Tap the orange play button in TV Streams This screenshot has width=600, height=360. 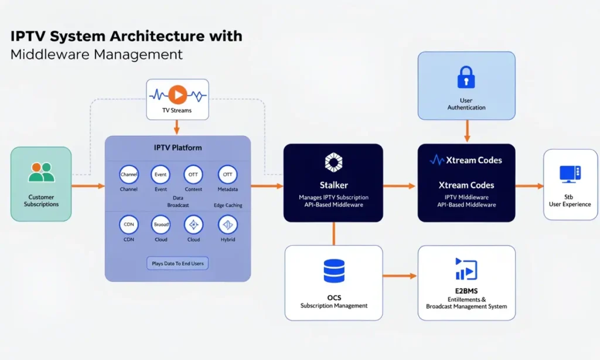178,94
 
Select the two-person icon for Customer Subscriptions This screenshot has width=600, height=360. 41,172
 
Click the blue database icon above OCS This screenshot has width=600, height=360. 334,271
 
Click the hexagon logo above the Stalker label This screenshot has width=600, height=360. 333,162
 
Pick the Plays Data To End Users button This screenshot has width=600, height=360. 178,263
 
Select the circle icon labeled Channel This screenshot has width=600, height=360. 128,175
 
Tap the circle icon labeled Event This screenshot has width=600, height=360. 161,175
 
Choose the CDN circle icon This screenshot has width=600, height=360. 128,225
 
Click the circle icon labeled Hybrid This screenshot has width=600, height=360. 227,225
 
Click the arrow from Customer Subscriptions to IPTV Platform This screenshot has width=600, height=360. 88,186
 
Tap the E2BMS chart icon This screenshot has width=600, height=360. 466,269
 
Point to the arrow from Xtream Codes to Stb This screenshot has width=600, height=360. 529,186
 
